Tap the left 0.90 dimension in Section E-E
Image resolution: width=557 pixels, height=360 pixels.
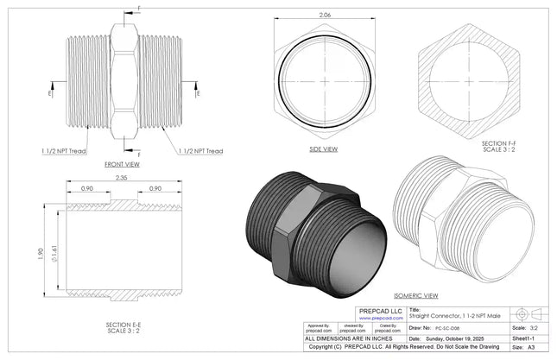pyautogui.click(x=86, y=188)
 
